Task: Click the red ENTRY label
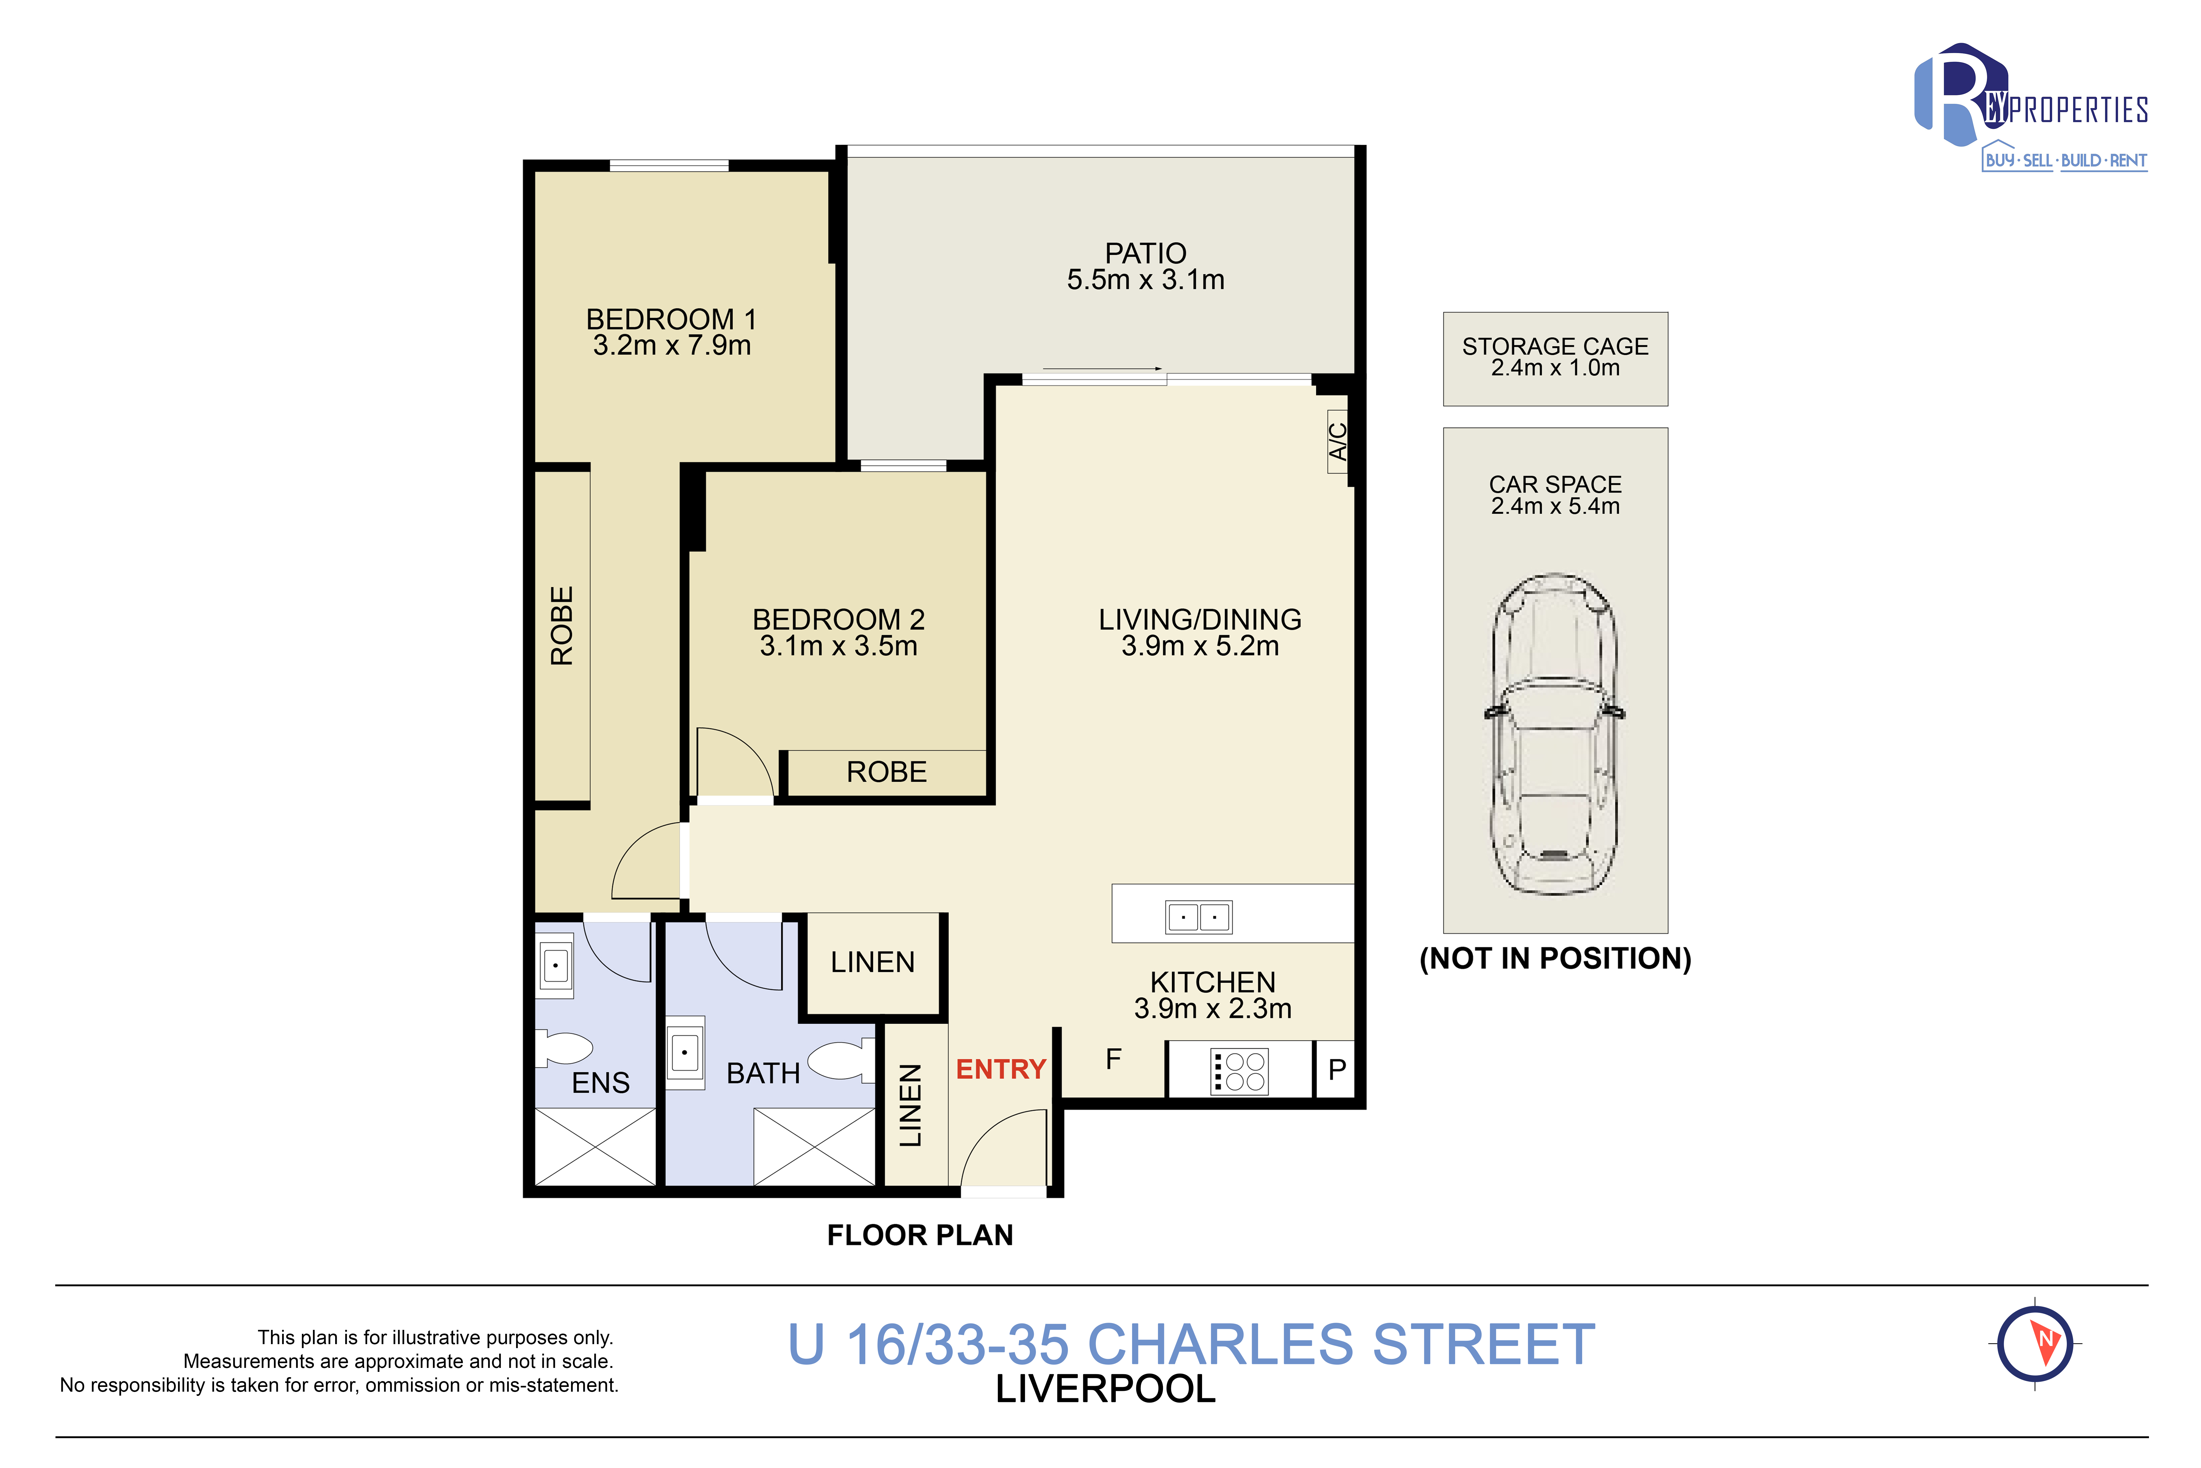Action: click(x=1000, y=1069)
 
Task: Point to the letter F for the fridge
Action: click(x=1113, y=1059)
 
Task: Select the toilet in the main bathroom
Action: click(x=841, y=1061)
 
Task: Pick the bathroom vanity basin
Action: click(x=685, y=1052)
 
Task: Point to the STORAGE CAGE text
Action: click(x=1555, y=347)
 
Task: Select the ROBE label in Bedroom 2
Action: click(x=887, y=772)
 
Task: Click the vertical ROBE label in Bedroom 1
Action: click(x=562, y=625)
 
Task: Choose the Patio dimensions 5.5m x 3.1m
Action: click(x=1146, y=280)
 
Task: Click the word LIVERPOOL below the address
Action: click(x=1106, y=1389)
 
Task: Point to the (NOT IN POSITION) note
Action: click(x=1555, y=959)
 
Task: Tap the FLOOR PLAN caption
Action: click(x=920, y=1236)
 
